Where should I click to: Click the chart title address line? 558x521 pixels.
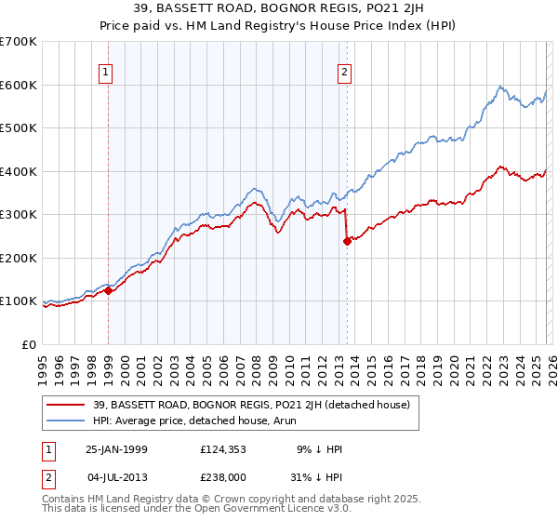coord(279,9)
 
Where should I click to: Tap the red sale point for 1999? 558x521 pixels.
coord(109,290)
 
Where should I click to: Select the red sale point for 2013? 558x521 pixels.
coord(347,241)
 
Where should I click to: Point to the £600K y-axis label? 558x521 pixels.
coord(19,85)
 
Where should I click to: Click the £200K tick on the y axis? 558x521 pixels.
coord(19,258)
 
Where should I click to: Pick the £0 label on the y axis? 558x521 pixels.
coord(29,344)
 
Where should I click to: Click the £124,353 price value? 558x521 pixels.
coord(226,449)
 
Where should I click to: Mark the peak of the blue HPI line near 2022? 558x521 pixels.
coord(499,87)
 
